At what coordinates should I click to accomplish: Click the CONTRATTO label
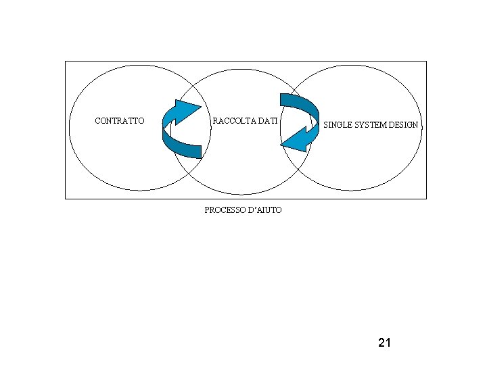119,121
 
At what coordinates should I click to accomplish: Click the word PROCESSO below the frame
225,210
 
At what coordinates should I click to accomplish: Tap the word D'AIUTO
266,210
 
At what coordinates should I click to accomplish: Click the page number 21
384,343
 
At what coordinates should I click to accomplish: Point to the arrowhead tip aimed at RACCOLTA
201,106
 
